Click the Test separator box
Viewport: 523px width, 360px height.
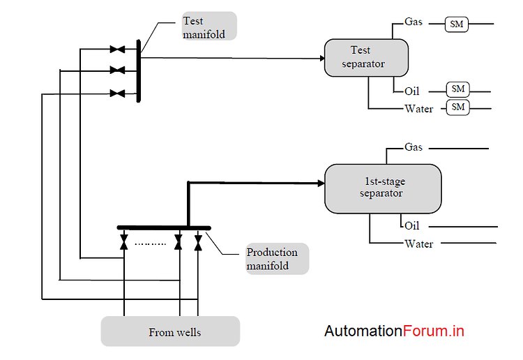pos(366,57)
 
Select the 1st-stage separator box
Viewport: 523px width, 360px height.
pos(383,188)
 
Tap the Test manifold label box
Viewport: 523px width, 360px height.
pos(207,27)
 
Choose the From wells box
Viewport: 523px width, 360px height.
pos(170,331)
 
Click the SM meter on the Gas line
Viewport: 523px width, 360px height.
pos(457,24)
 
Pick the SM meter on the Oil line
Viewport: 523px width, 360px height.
pos(458,89)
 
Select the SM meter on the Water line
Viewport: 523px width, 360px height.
pos(458,107)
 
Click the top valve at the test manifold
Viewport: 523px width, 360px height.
pos(117,50)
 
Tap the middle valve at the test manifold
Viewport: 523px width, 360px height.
pos(117,70)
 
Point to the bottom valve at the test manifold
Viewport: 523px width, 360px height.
pos(117,93)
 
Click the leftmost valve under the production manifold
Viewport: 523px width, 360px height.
pos(124,242)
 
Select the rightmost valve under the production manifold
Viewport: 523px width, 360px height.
pos(198,242)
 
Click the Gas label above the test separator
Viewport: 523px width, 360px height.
pos(414,22)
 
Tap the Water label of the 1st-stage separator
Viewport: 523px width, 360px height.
pos(418,244)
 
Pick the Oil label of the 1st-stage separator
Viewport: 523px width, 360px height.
pos(412,226)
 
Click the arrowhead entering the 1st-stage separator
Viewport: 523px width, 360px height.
pos(321,183)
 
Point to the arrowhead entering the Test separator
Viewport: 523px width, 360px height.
pos(321,59)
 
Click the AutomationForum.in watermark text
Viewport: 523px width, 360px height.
pos(394,331)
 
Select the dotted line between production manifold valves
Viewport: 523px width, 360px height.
pos(150,244)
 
